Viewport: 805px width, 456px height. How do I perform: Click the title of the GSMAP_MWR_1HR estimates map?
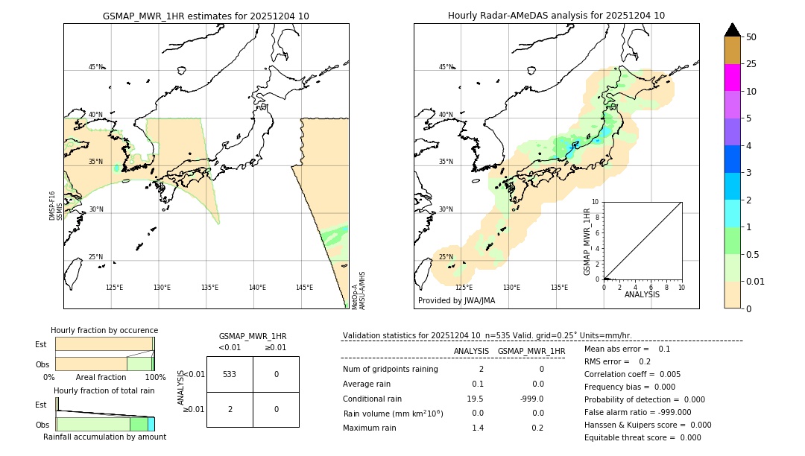click(x=206, y=16)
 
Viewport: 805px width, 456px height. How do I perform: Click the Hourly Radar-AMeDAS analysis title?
click(x=556, y=16)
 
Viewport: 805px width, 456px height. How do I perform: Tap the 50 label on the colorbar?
click(x=751, y=37)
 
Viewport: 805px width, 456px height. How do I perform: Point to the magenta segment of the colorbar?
click(x=732, y=77)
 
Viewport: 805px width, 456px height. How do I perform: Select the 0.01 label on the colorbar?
click(x=756, y=281)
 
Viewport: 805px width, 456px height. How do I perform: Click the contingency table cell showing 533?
click(x=230, y=374)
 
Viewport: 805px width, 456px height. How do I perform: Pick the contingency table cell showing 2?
click(x=230, y=409)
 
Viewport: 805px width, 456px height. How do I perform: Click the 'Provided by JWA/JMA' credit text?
click(x=456, y=300)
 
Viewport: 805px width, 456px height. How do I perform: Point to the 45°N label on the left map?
click(x=96, y=67)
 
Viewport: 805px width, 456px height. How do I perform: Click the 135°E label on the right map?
click(x=559, y=287)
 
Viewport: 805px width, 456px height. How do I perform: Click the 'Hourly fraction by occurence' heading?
click(x=104, y=330)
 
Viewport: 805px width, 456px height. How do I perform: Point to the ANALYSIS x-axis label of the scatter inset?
click(x=642, y=294)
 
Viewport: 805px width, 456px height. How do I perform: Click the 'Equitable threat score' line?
click(x=643, y=437)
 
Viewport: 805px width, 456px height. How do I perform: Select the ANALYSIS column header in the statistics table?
click(x=471, y=351)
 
